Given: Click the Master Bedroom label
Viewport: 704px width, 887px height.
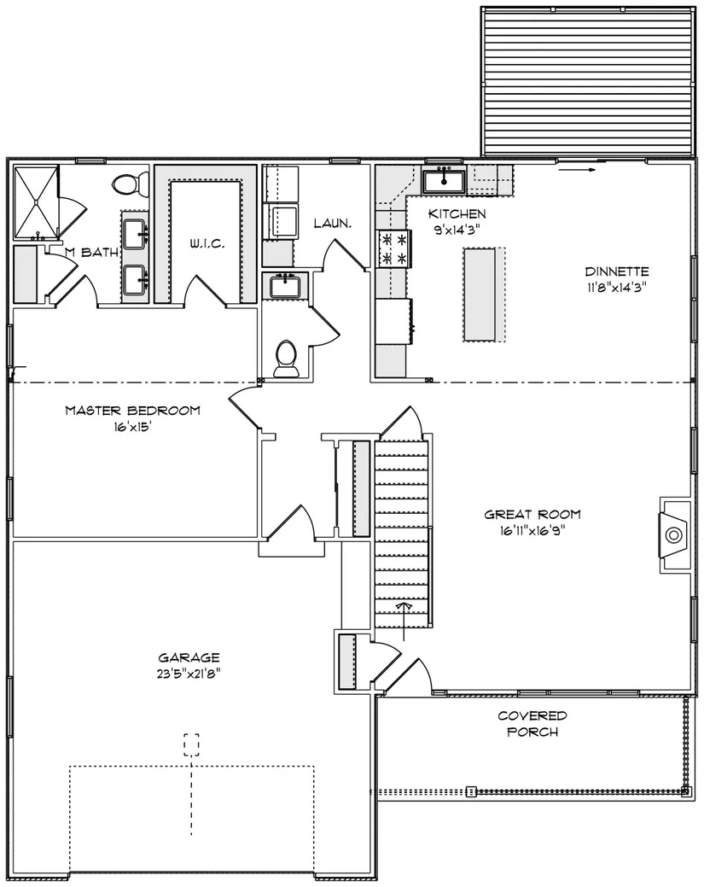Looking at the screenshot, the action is point(133,411).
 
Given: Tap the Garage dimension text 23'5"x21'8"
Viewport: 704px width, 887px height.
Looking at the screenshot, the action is point(189,674).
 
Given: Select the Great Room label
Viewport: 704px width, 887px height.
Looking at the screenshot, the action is point(532,515).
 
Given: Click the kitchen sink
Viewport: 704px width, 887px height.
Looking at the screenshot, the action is point(445,181).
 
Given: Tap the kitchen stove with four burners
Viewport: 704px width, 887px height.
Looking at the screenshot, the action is point(394,249).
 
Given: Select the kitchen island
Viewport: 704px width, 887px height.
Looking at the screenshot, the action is point(484,295).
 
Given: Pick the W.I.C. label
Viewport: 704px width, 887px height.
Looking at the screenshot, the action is point(207,244).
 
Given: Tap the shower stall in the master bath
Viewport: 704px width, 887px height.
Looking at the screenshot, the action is point(36,201).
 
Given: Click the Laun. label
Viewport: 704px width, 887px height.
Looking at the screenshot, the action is point(333,224).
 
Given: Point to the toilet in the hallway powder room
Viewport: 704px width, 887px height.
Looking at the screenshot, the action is point(286,359).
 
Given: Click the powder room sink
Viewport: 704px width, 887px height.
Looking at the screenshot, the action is point(288,286).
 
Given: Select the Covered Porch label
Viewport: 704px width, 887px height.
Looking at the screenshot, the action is point(532,724).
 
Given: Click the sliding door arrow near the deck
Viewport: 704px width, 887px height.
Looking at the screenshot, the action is point(577,169).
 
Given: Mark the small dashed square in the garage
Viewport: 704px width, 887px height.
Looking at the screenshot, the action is point(192,745).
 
